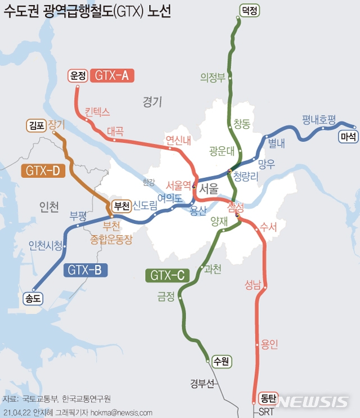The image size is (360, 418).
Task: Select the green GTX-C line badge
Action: (167, 275)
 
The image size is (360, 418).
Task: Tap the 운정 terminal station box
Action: (77, 75)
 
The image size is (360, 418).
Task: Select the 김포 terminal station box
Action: (35, 126)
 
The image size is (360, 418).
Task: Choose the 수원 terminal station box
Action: (221, 362)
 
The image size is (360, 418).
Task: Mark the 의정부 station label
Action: (212, 78)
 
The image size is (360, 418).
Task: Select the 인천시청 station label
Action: (46, 245)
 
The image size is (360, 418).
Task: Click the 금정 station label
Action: (166, 297)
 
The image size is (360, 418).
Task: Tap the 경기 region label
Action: (151, 102)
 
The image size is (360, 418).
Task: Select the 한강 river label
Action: (148, 182)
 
